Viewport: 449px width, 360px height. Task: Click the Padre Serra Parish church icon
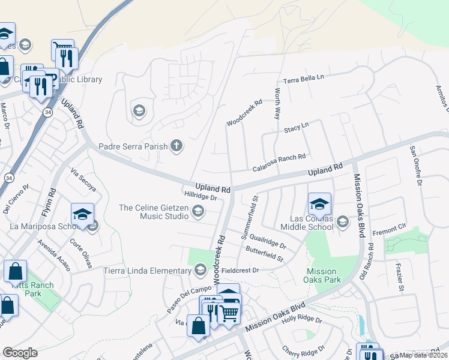176,146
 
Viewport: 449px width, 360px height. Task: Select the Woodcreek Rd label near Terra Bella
244,113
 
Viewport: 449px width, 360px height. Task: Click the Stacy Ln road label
296,127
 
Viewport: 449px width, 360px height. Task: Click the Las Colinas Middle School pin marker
319,203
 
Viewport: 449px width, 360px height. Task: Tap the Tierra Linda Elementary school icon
200,270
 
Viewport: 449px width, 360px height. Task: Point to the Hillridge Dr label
200,196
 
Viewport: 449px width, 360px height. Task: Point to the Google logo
20,353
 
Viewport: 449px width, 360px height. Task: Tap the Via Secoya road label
83,179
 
